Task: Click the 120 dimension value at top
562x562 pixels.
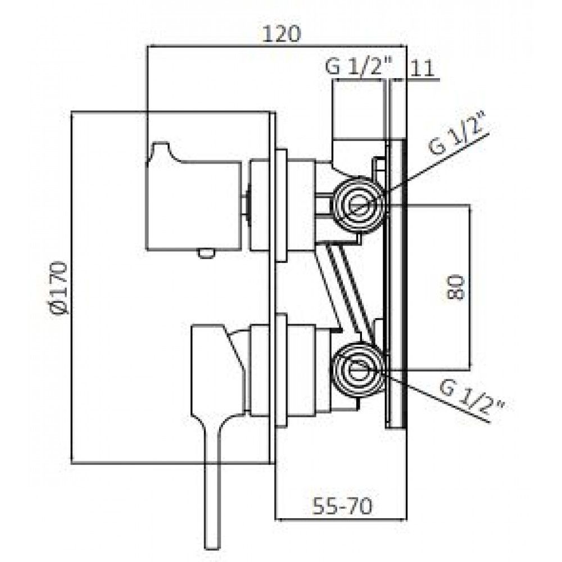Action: coord(282,34)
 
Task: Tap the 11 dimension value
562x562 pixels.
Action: coord(422,68)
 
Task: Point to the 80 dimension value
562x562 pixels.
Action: coord(456,287)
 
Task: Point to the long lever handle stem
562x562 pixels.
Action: coord(211,487)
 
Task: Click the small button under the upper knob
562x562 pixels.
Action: coord(206,253)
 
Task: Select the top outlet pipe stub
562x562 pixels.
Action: coord(359,110)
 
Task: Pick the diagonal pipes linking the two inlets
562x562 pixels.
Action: coord(344,287)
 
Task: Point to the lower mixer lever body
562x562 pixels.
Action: coord(219,373)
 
